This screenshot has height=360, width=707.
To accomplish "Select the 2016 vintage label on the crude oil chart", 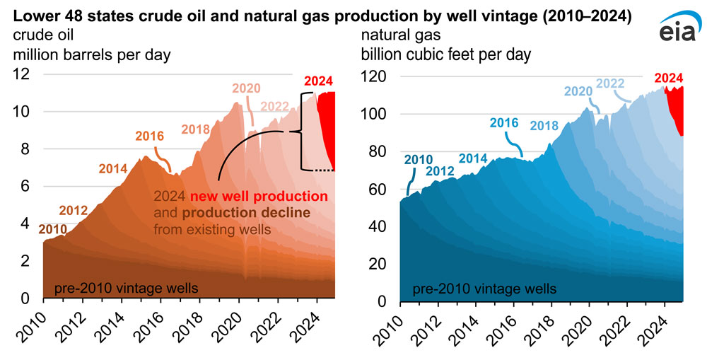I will pos(148,136).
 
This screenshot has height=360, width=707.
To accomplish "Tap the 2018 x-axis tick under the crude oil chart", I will pos(193,326).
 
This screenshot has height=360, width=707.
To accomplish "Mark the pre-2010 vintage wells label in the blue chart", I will pos(484,288).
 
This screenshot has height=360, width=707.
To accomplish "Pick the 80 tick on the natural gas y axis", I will pos(378,151).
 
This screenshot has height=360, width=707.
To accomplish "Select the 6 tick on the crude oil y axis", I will pos(27,186).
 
